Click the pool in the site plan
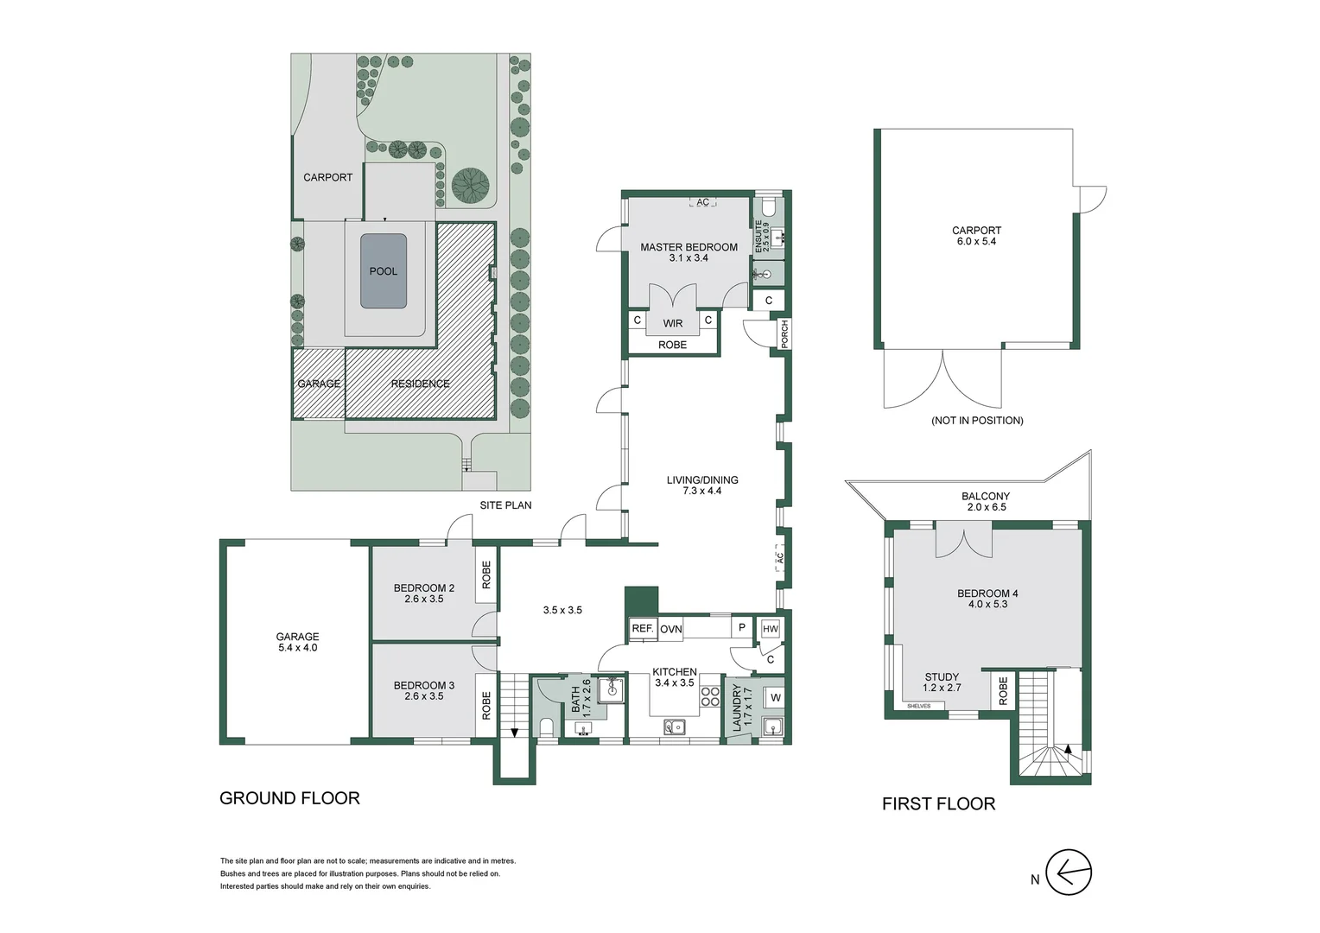(384, 271)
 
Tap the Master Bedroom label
(689, 247)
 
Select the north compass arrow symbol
(1069, 873)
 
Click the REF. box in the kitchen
(642, 628)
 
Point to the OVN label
(671, 629)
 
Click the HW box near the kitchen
(770, 629)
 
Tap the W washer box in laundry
(775, 697)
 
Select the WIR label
(672, 323)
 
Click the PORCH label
(784, 333)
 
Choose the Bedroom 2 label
(423, 588)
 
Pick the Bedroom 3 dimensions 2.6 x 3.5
(423, 696)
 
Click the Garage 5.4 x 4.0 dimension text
(297, 648)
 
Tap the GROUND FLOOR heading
(289, 798)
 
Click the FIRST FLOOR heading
(938, 803)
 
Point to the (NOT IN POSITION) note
(977, 421)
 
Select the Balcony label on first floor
(985, 497)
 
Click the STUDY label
(942, 677)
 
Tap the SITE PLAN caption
(505, 505)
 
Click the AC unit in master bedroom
(702, 202)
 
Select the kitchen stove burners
(710, 696)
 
